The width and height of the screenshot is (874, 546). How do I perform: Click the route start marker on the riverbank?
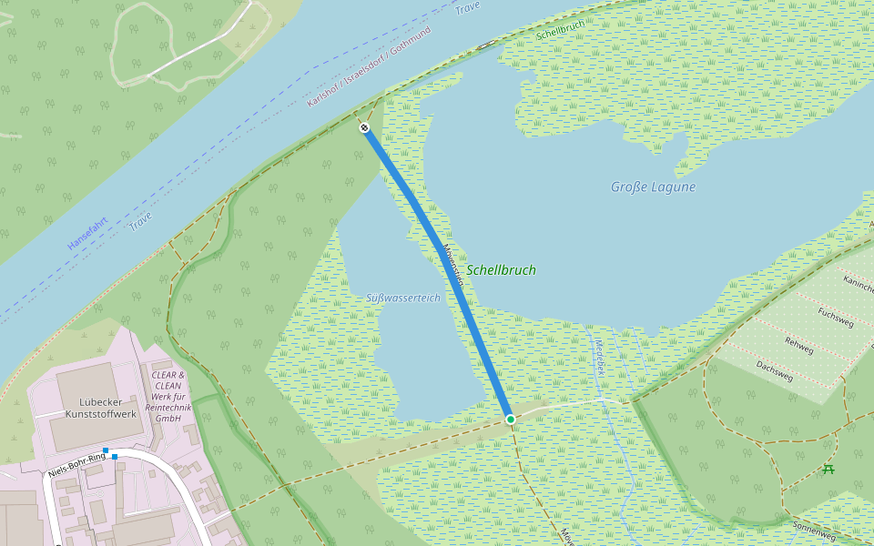tap(364, 128)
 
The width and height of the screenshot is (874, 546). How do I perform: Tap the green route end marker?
tap(511, 419)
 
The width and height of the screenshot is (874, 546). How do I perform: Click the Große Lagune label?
tap(653, 187)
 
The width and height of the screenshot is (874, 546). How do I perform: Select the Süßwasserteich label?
tap(402, 298)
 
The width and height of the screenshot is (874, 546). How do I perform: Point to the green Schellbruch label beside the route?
tap(501, 270)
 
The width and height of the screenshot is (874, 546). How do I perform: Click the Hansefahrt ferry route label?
tap(87, 232)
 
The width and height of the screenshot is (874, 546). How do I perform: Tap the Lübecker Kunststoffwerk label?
tap(101, 408)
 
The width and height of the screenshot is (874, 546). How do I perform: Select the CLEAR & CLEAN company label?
tap(168, 397)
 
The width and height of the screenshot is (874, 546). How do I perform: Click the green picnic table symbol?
tap(828, 470)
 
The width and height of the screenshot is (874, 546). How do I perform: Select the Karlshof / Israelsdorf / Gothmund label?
tap(369, 66)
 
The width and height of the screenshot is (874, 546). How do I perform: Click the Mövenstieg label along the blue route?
tap(453, 265)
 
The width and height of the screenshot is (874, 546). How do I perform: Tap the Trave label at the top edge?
tap(467, 7)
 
